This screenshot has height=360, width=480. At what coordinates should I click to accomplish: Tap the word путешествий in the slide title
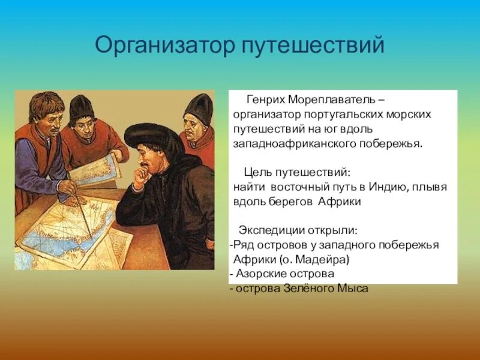[x=313, y=46]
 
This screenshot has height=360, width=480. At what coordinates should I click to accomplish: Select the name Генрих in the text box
[x=265, y=98]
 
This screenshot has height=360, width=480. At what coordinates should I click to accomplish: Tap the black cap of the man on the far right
[x=199, y=108]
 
